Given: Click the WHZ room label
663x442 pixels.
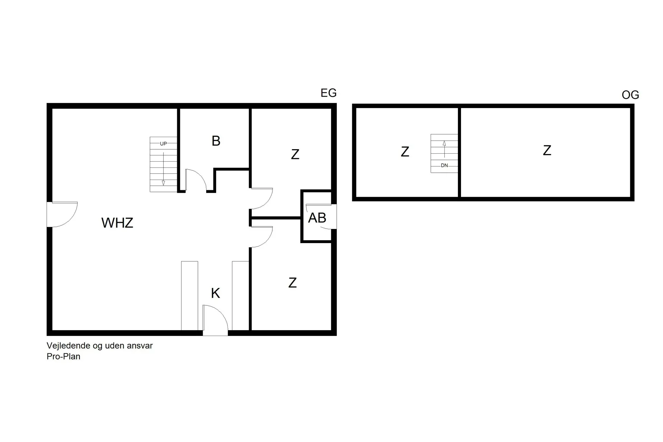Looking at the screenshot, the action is [117, 223].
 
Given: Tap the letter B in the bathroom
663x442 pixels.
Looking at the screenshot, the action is [216, 141].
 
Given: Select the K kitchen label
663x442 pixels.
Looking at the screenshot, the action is [215, 293].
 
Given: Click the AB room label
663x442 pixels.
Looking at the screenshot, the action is [317, 218].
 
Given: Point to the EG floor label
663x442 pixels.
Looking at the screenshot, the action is [328, 93].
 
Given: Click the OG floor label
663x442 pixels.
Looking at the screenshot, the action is [630, 95].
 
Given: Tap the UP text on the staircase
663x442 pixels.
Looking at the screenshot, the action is [163, 144].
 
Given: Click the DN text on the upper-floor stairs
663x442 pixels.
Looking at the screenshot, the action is [444, 165].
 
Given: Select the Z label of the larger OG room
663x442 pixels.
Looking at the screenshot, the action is [547, 151].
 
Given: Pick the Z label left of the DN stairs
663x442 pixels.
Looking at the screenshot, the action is [405, 152].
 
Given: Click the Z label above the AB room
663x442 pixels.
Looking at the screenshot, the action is [295, 154].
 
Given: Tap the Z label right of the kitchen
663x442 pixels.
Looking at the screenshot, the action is [292, 283].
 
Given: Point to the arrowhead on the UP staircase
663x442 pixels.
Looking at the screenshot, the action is [163, 183].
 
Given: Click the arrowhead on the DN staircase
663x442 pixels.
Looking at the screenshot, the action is [444, 143].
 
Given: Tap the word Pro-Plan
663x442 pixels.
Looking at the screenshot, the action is [64, 356].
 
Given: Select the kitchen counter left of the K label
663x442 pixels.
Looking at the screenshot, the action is [190, 296].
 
